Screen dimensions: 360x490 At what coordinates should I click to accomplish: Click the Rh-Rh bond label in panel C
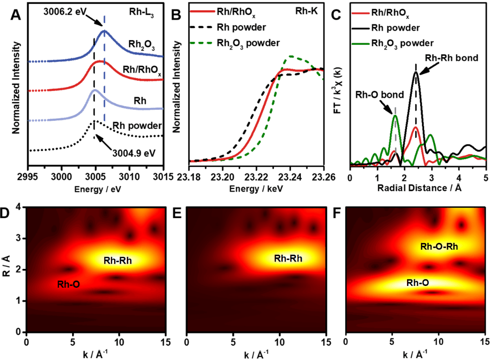(x=452, y=58)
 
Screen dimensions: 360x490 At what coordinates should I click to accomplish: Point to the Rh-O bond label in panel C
(x=380, y=95)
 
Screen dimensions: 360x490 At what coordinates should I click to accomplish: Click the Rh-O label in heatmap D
(x=69, y=284)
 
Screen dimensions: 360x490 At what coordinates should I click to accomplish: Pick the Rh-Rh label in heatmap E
(x=288, y=258)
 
